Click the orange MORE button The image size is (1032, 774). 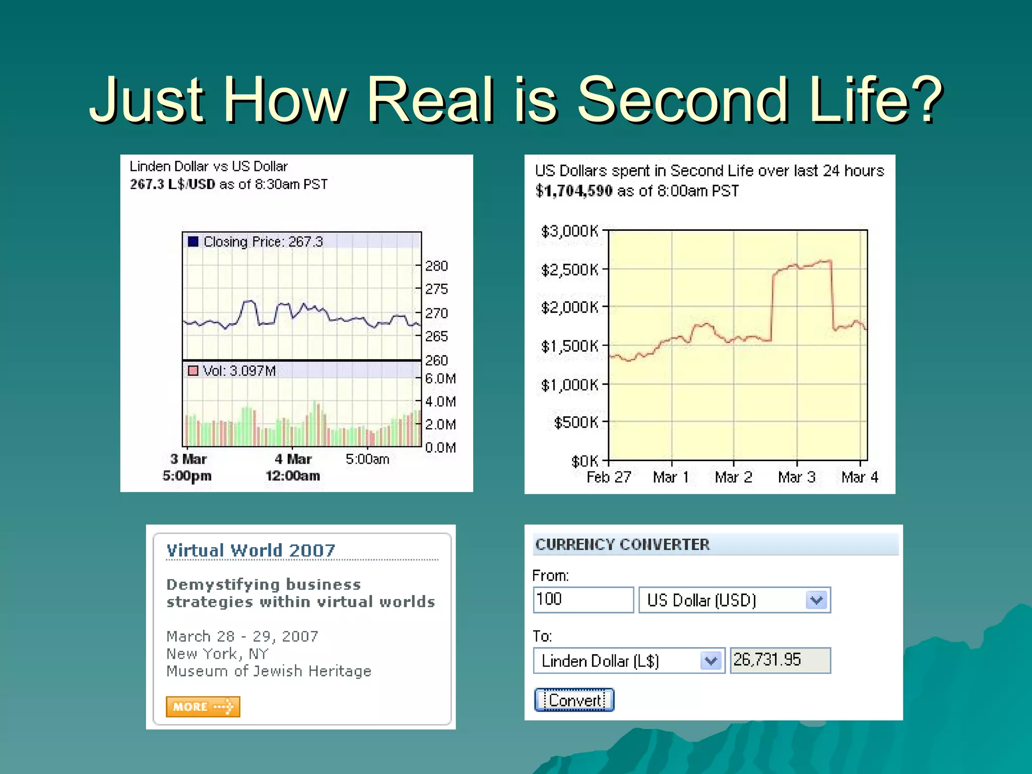pos(203,706)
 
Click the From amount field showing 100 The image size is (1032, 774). pos(583,600)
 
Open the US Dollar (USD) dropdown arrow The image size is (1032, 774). pos(817,600)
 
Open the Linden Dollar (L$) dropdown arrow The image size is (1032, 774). pos(711,661)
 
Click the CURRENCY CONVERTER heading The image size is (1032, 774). pos(622,545)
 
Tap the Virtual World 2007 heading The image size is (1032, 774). pos(250,550)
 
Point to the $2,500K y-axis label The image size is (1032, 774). pos(569,270)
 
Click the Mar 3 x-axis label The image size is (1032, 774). pos(796,477)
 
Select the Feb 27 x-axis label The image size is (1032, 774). pos(609,477)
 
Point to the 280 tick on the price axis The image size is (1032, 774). pos(436,266)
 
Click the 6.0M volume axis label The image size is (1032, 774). pos(440,379)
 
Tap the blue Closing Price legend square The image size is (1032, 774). pos(193,241)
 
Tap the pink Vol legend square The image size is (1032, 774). pos(193,371)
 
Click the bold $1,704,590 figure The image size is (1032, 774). pos(574,191)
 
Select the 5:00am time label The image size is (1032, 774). pos(367,459)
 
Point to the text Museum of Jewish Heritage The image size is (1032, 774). pos(269,671)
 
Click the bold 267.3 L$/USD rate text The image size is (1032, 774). pos(172,184)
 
